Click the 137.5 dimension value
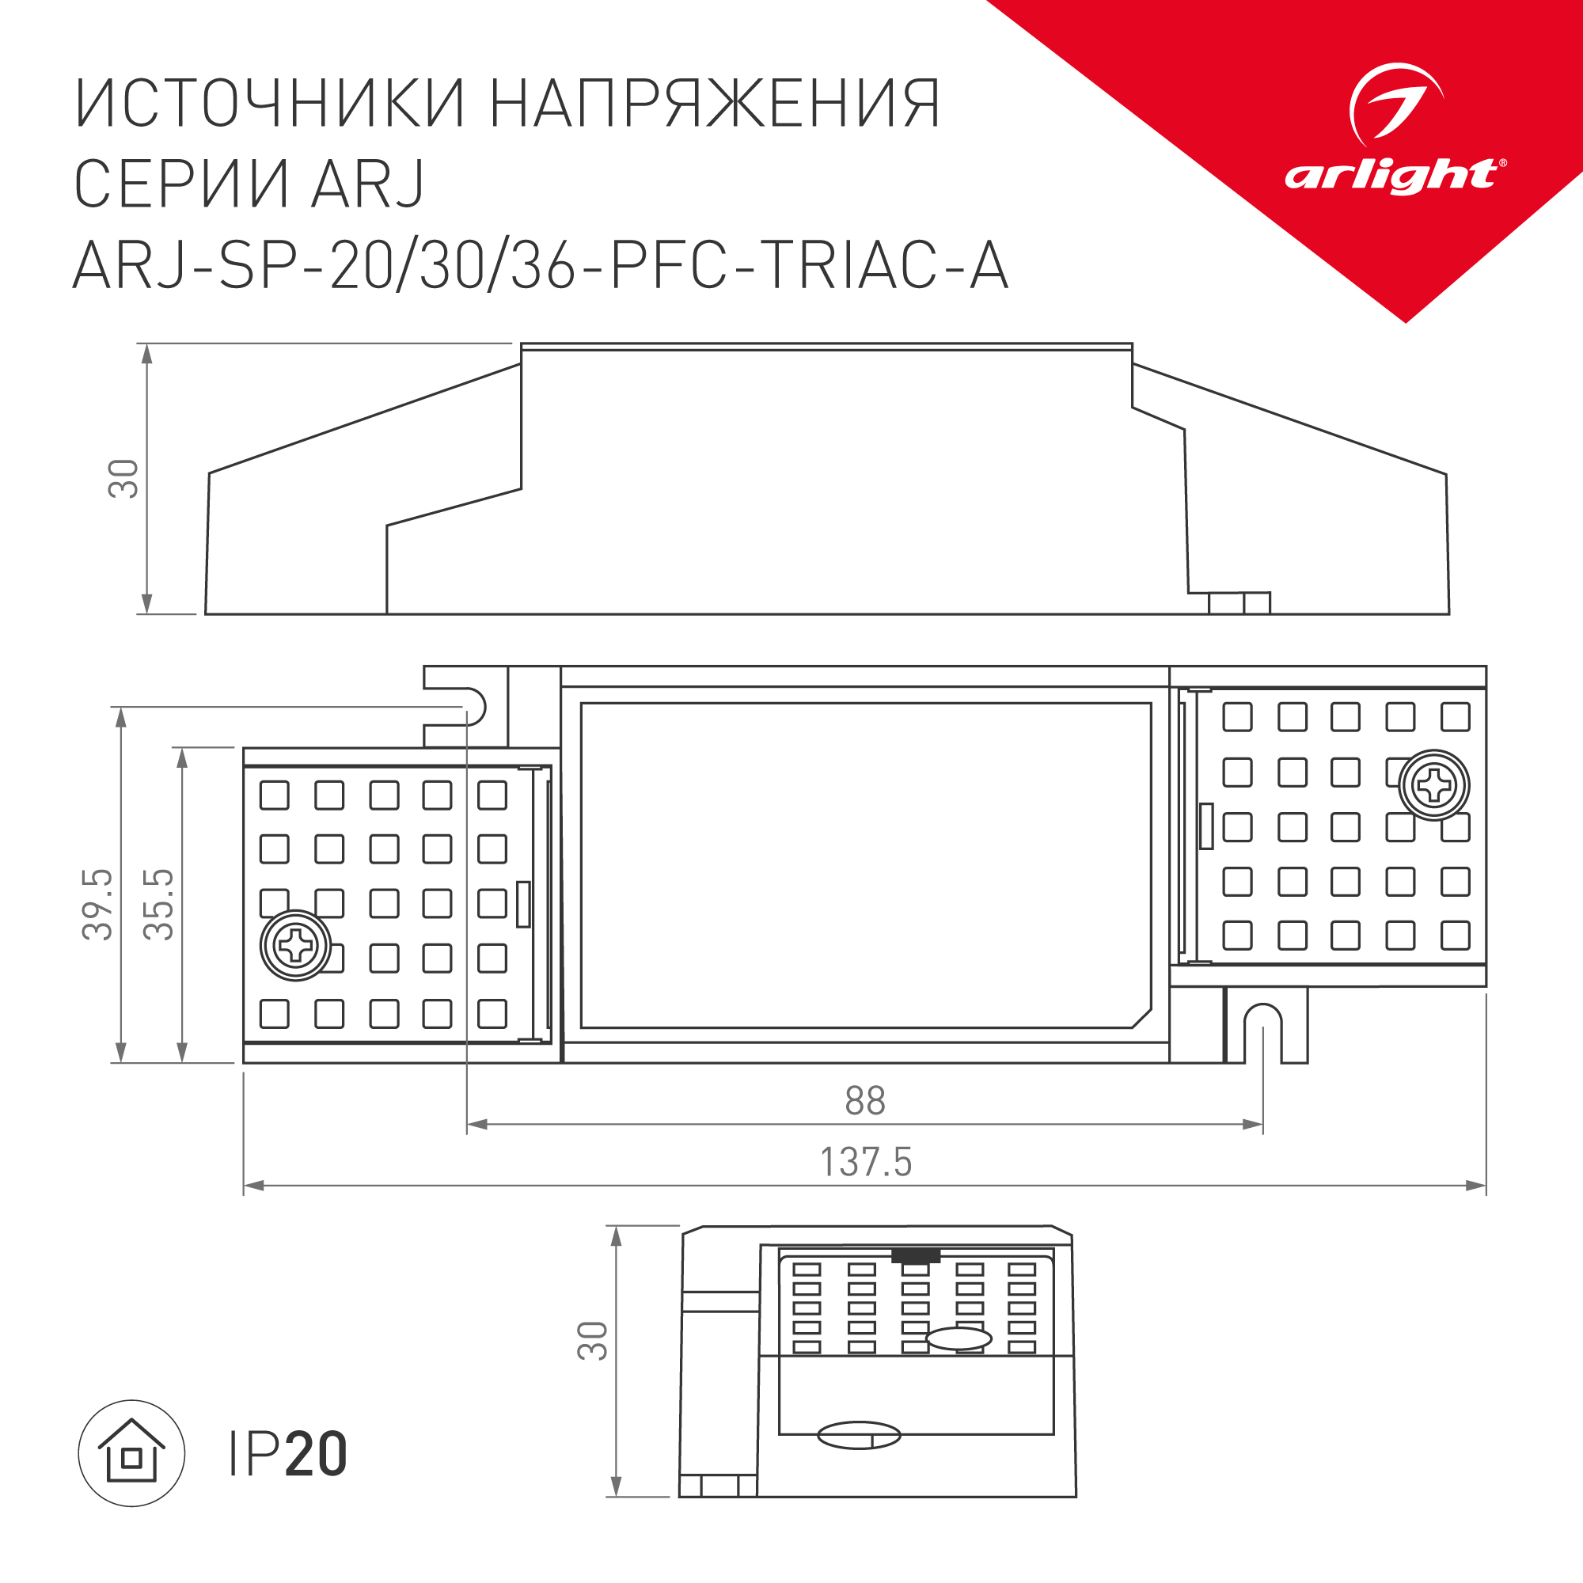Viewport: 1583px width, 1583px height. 865,1162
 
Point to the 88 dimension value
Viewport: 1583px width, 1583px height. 865,1100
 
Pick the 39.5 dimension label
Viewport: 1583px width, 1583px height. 97,904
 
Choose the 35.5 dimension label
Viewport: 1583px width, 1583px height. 158,904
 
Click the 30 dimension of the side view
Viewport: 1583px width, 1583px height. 123,479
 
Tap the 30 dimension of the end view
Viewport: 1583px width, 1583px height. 592,1342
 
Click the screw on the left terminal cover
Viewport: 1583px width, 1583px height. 295,946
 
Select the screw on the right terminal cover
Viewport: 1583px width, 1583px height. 1434,785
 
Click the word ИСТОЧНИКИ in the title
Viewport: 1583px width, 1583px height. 271,104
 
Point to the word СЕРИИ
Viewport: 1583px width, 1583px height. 181,184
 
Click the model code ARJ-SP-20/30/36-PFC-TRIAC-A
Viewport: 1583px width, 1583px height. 541,265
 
